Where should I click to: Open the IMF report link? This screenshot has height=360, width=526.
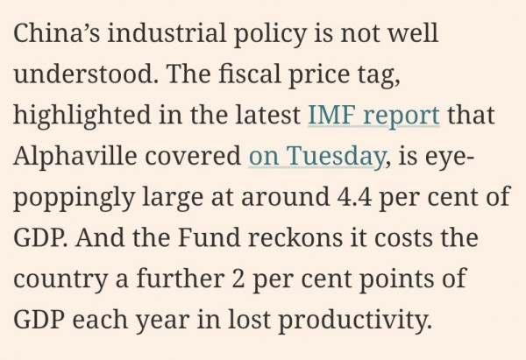374,116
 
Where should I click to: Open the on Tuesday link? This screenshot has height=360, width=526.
316,156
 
